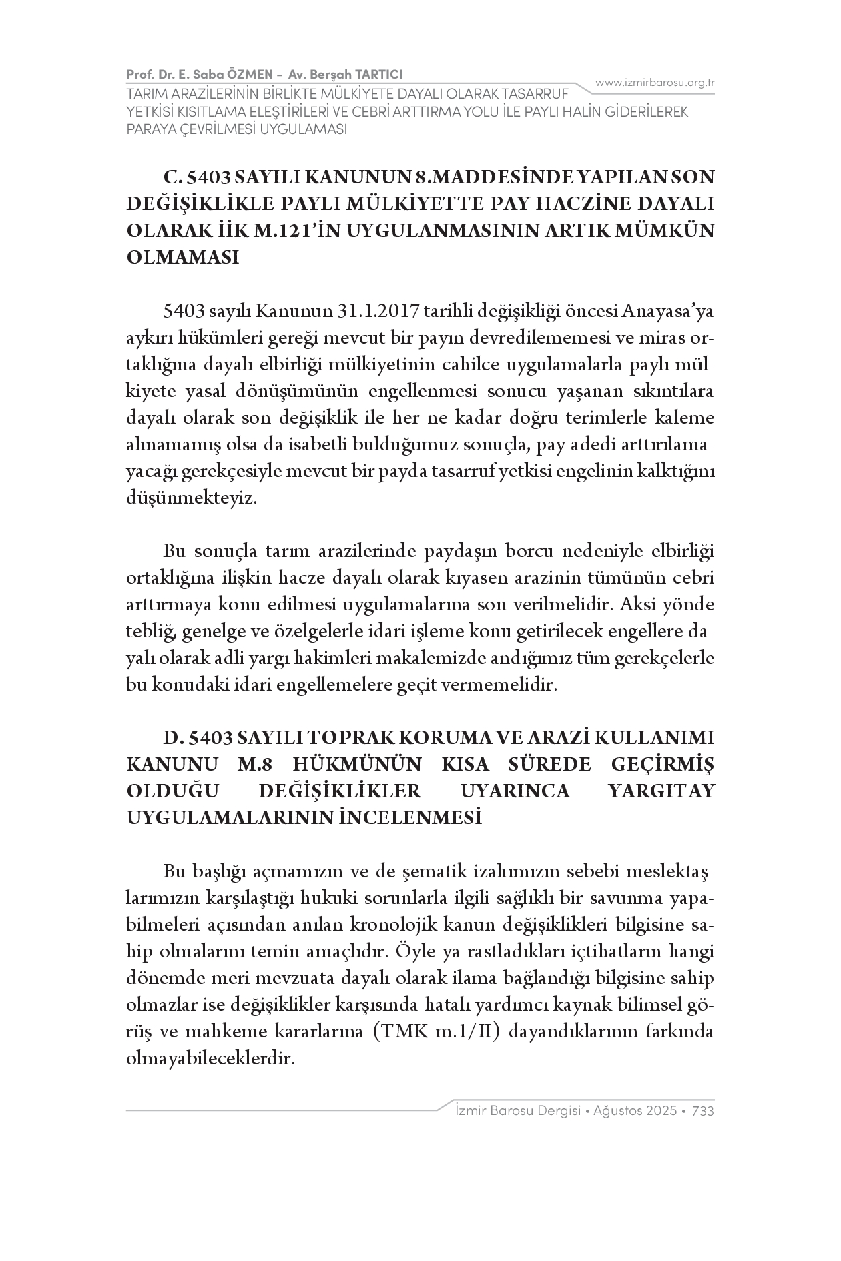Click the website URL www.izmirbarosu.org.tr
pyautogui.click(x=655, y=83)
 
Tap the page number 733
pyautogui.click(x=704, y=1111)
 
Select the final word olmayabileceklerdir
pyautogui.click(x=210, y=1059)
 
